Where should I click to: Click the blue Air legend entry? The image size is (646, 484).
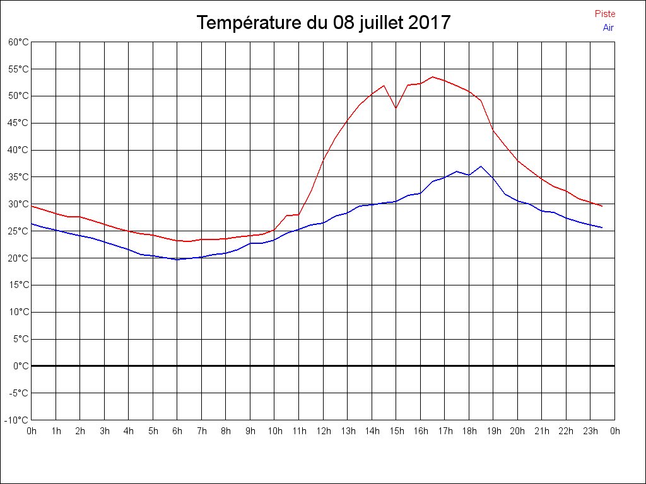point(608,28)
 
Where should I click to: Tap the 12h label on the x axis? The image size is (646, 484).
point(323,431)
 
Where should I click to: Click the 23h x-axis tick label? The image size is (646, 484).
point(590,431)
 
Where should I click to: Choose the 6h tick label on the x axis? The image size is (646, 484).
point(177,431)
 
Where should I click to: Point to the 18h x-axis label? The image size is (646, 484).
point(469,431)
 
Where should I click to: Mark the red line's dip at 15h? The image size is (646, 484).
point(396,108)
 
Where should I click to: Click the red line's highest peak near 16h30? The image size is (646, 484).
point(432,77)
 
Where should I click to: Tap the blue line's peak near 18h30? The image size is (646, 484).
point(481,166)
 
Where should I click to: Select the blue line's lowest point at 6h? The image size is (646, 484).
point(177,259)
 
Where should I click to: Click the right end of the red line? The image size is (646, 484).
point(602,206)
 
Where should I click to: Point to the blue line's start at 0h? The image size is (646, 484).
point(32,223)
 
